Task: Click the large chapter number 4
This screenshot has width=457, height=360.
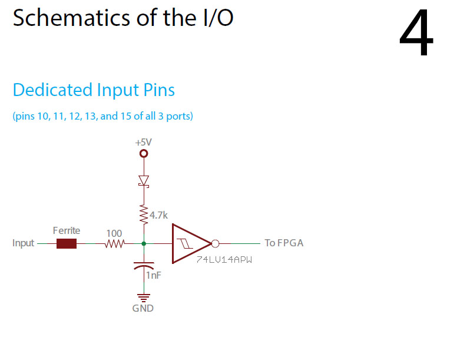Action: click(x=416, y=34)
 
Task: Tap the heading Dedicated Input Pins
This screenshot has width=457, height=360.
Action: click(x=94, y=90)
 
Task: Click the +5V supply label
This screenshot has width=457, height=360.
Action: click(x=144, y=143)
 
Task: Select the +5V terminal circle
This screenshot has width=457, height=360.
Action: click(x=144, y=154)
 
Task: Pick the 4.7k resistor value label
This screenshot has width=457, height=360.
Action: click(x=159, y=216)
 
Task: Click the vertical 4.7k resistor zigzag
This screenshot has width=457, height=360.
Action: click(x=144, y=214)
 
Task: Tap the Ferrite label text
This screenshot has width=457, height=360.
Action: click(x=66, y=230)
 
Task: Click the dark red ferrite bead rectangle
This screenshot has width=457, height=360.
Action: click(x=67, y=243)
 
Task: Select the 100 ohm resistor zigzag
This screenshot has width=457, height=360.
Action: click(x=115, y=243)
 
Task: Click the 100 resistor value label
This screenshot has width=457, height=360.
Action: click(x=114, y=233)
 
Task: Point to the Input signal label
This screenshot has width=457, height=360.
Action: click(x=24, y=243)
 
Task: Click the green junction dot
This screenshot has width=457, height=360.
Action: click(x=144, y=243)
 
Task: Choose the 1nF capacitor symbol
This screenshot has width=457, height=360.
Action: click(x=144, y=265)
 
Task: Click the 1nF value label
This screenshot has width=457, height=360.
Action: click(x=154, y=275)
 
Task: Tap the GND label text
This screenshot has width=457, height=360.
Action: click(x=143, y=308)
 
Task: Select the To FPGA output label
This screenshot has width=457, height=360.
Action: click(x=284, y=243)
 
